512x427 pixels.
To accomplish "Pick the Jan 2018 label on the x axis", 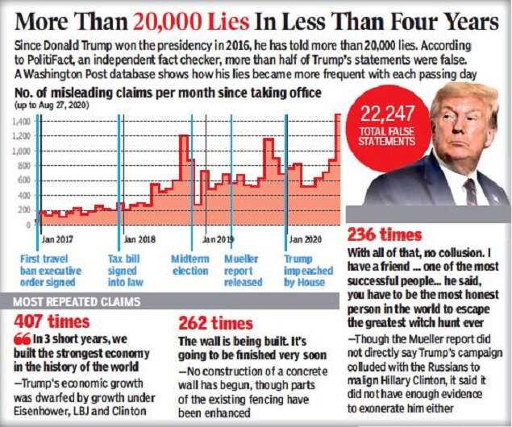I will [x=140, y=239].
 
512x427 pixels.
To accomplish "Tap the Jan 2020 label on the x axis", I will [x=305, y=239].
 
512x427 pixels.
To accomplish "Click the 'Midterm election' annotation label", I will [x=190, y=265].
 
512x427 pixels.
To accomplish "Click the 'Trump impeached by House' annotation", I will [x=305, y=270].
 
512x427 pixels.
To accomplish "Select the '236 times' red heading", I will [x=384, y=235].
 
